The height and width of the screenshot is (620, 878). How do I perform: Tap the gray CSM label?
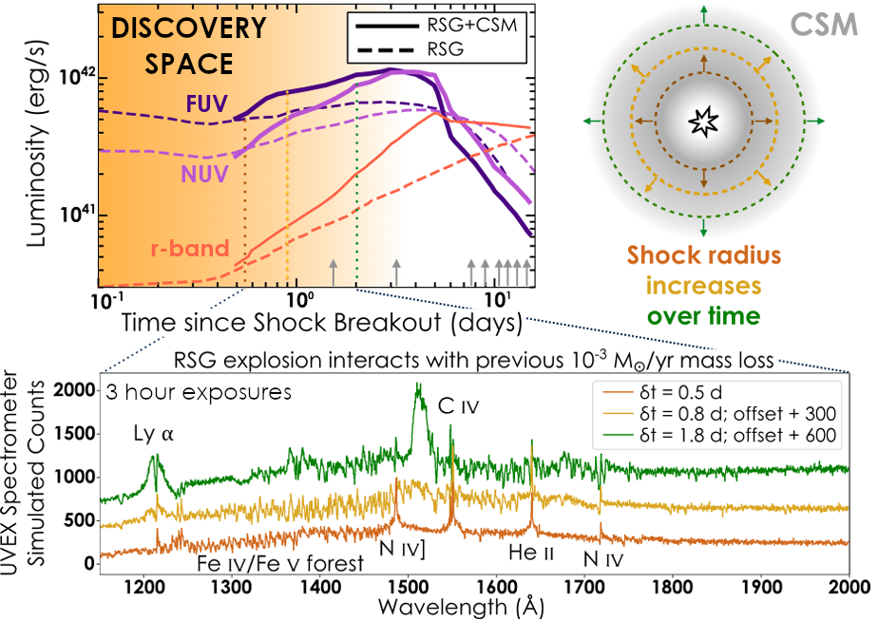[830, 25]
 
